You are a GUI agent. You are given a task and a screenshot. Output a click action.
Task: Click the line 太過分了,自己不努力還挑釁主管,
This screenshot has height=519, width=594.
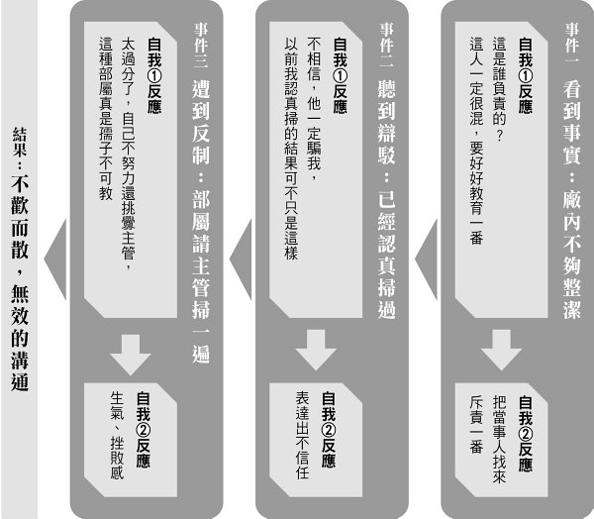point(130,149)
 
